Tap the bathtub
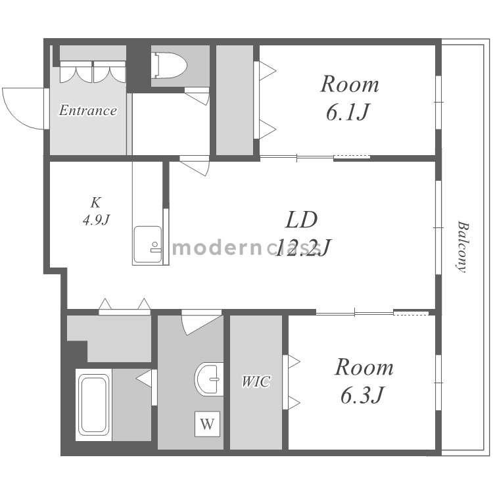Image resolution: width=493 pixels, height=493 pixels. tap(93, 406)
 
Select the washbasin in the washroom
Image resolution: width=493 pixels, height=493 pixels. tap(209, 379)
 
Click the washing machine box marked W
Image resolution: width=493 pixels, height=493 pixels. tap(207, 424)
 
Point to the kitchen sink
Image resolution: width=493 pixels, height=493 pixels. tap(148, 245)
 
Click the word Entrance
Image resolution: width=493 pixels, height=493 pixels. tap(87, 110)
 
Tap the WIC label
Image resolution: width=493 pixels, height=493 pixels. tap(256, 382)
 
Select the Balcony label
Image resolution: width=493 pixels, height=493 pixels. tap(463, 246)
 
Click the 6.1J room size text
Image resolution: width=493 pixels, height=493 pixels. tap(346, 112)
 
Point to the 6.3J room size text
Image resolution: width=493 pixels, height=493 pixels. tap(362, 395)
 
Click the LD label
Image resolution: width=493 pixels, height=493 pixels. tap(301, 220)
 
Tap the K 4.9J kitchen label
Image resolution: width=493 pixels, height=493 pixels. tap(95, 211)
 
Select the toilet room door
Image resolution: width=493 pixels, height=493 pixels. tap(197, 95)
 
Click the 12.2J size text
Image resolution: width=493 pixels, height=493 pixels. tap(302, 247)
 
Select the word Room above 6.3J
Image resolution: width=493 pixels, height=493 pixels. tap(364, 367)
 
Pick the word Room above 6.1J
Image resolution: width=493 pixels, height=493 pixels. tap(349, 84)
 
